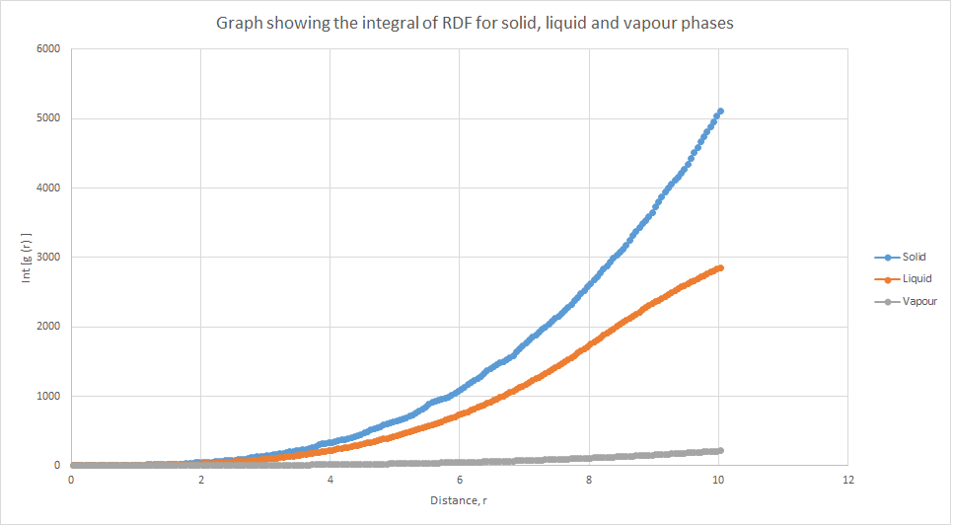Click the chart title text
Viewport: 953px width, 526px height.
[x=475, y=23]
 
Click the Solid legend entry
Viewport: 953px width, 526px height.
[x=914, y=257]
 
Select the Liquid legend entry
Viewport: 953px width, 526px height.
[x=915, y=279]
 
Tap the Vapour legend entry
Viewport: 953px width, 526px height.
[x=918, y=301]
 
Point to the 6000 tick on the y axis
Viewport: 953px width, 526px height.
[x=47, y=49]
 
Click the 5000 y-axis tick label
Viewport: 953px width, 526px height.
[x=47, y=118]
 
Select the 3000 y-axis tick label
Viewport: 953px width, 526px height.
[x=47, y=258]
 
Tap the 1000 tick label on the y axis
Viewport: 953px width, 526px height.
[x=47, y=397]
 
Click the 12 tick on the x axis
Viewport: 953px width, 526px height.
[x=846, y=480]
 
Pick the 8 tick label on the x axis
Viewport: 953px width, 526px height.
[x=589, y=480]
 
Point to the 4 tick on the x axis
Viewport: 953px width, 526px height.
[x=330, y=480]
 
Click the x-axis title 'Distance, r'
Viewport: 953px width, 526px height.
[x=459, y=500]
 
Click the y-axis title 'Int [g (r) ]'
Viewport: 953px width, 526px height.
[x=27, y=259]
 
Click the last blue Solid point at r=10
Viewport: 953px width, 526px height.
[x=720, y=112]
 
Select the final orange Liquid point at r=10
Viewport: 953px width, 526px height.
[x=720, y=267]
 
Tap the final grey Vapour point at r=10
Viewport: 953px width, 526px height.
[x=720, y=450]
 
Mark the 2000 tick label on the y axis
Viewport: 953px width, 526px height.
[x=47, y=327]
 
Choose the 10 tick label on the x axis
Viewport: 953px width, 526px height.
[x=718, y=480]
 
